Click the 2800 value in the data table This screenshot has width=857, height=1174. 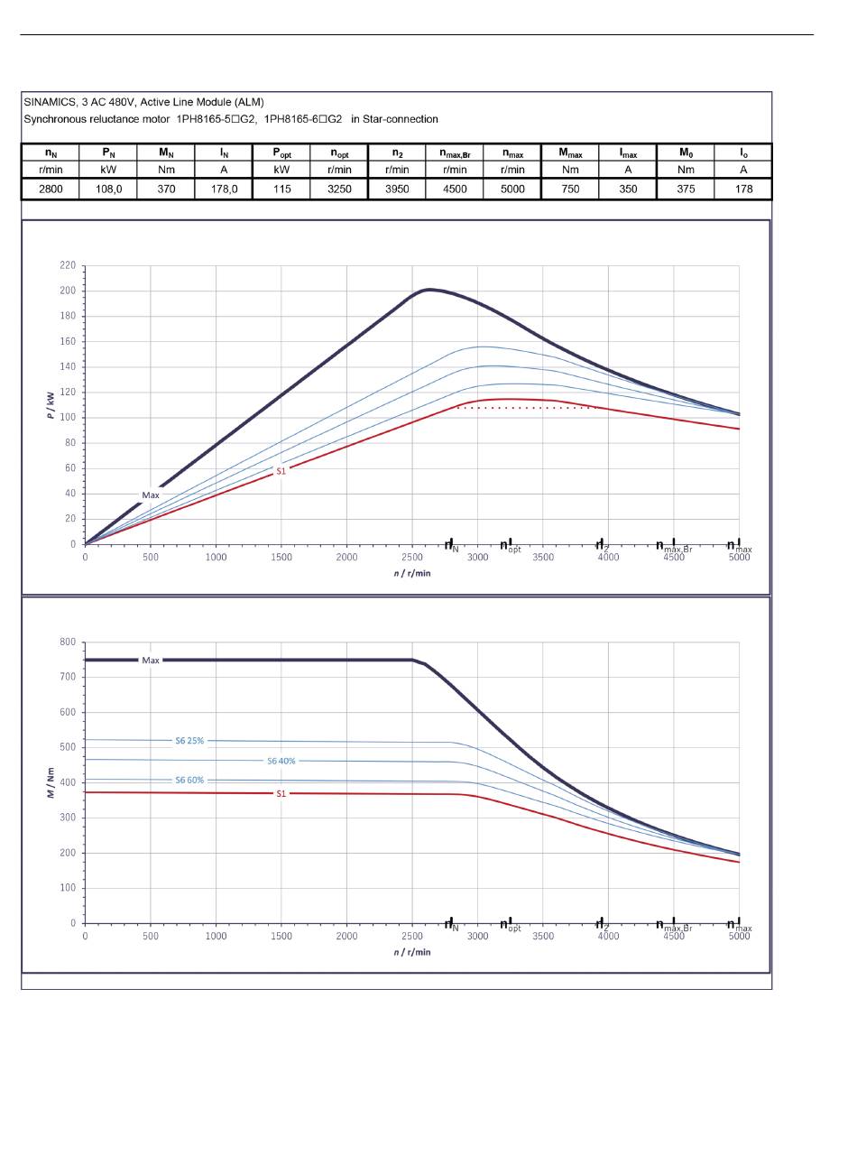click(x=51, y=189)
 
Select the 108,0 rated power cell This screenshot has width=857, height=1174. click(x=108, y=189)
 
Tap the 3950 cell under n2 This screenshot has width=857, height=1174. click(x=397, y=189)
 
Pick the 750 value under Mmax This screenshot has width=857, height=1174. click(x=570, y=189)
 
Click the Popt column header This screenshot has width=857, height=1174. click(x=281, y=153)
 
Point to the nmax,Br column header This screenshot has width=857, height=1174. click(x=455, y=153)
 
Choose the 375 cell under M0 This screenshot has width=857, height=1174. click(x=686, y=189)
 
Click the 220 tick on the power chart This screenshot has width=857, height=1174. click(x=68, y=265)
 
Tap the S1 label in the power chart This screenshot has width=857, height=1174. click(x=281, y=471)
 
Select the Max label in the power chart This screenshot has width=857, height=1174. click(x=151, y=495)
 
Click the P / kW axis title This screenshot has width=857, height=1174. click(x=51, y=405)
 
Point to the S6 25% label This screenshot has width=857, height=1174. click(x=189, y=741)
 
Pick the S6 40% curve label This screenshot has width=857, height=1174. click(x=281, y=761)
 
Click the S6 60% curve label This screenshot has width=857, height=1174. click(x=189, y=780)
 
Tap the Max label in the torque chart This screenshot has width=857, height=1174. click(x=151, y=661)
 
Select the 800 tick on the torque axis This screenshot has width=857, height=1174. click(x=68, y=642)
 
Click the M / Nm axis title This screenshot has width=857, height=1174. click(x=51, y=782)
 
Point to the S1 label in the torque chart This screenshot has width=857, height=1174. click(x=281, y=793)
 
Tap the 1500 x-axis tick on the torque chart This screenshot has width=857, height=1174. click(x=281, y=936)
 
